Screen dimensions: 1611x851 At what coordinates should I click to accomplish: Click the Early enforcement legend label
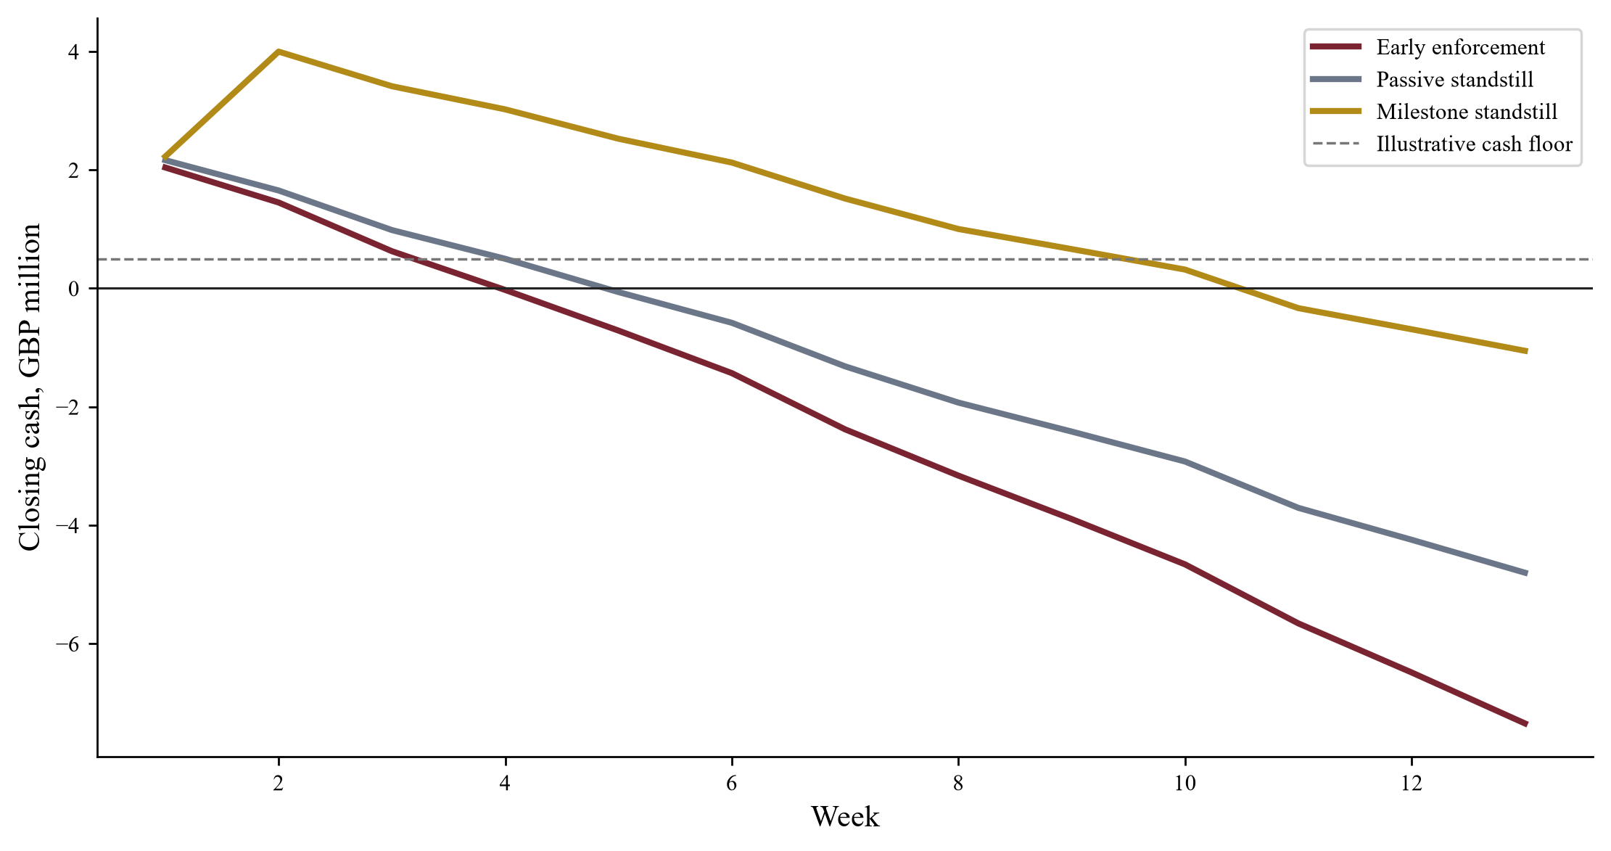(1460, 48)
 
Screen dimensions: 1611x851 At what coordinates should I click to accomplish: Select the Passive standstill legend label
(1454, 80)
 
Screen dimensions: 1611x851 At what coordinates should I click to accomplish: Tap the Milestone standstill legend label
(1467, 112)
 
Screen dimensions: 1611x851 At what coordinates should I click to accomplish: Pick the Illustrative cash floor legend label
(1474, 144)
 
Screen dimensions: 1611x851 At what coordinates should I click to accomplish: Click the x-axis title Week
(845, 817)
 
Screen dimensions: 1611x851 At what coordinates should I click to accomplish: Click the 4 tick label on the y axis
(73, 52)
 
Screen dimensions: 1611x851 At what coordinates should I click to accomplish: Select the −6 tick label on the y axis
(67, 644)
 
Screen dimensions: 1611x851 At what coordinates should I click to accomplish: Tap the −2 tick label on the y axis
(67, 407)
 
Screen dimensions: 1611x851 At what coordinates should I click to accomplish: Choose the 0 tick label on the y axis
(73, 289)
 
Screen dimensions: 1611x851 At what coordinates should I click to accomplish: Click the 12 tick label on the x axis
(1412, 784)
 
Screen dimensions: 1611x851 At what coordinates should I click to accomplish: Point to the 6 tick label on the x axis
(731, 784)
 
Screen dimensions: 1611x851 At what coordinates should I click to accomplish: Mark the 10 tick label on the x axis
(1184, 784)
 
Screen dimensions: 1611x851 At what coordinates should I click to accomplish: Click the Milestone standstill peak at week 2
(279, 52)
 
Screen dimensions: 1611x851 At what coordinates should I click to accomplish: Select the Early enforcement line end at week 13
(1526, 724)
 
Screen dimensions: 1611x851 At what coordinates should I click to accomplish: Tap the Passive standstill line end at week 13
(1526, 573)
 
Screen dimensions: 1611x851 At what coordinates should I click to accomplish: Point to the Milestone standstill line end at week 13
(1526, 351)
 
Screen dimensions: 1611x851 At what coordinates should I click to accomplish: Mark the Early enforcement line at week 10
(1184, 564)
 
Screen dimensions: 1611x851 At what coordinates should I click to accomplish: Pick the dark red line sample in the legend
(1338, 48)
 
